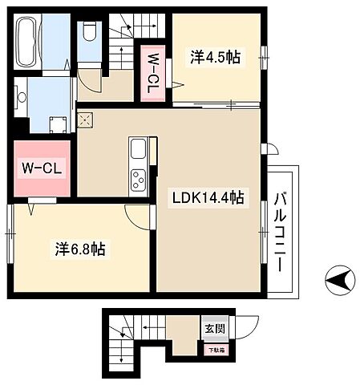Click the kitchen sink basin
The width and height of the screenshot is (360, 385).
point(138,150)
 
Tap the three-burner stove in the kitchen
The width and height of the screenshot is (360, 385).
point(138,180)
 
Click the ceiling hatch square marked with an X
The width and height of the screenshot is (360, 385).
point(85,121)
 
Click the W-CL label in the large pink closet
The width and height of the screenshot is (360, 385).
point(38,169)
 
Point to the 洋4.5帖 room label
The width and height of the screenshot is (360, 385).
point(215,57)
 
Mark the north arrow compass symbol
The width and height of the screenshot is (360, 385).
point(341,282)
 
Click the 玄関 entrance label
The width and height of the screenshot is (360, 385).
point(213,328)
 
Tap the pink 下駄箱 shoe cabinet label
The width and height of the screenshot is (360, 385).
point(215,349)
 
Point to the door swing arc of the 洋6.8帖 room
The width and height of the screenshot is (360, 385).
point(138,215)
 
